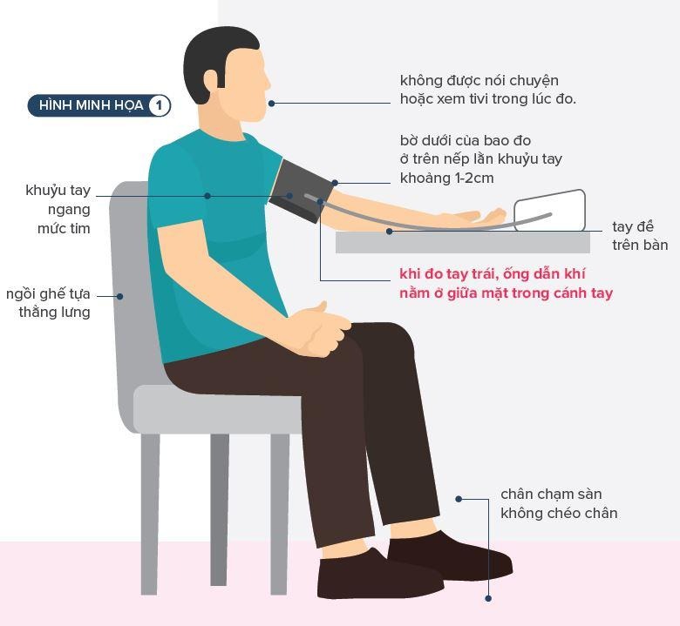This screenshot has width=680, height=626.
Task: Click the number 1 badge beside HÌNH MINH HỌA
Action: pyautogui.click(x=159, y=106)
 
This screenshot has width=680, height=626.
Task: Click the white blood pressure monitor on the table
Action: pyautogui.click(x=549, y=212)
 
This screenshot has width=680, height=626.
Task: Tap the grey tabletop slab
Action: pyautogui.click(x=462, y=242)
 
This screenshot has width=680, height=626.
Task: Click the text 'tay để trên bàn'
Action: pyautogui.click(x=639, y=236)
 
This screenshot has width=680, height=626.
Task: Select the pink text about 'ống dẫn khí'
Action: pyautogui.click(x=506, y=284)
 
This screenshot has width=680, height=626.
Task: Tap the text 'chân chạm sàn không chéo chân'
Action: pyautogui.click(x=558, y=504)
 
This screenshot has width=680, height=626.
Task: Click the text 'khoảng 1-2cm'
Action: pyautogui.click(x=446, y=178)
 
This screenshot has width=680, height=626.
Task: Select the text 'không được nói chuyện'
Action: pyautogui.click(x=479, y=81)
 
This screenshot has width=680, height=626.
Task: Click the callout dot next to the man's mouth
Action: pyautogui.click(x=272, y=104)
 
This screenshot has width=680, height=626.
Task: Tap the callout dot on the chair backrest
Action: pyautogui.click(x=120, y=296)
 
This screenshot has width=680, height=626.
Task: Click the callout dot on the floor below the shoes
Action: pyautogui.click(x=488, y=598)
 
